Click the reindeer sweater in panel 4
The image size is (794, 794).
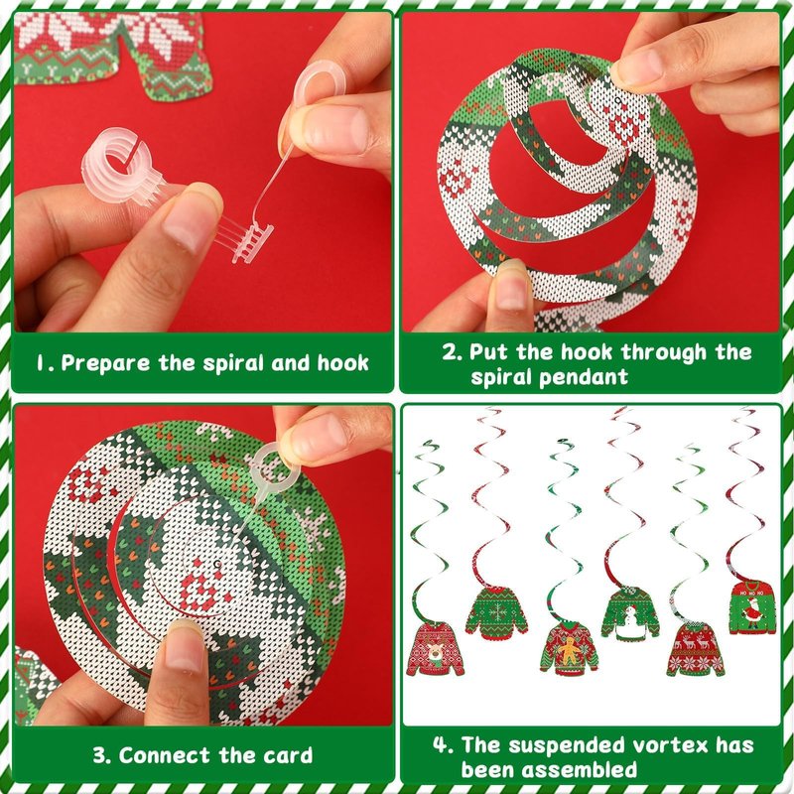[x=435, y=649]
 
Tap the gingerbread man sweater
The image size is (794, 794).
[x=569, y=649]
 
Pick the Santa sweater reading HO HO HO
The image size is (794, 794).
[x=752, y=607]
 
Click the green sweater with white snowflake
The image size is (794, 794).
[x=496, y=612]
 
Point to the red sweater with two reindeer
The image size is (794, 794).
[x=696, y=650]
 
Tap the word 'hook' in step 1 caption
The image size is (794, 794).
[x=342, y=363]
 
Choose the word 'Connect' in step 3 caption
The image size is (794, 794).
[x=164, y=755]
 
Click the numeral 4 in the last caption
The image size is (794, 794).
[x=440, y=745]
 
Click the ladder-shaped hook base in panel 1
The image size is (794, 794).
[x=252, y=243]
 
